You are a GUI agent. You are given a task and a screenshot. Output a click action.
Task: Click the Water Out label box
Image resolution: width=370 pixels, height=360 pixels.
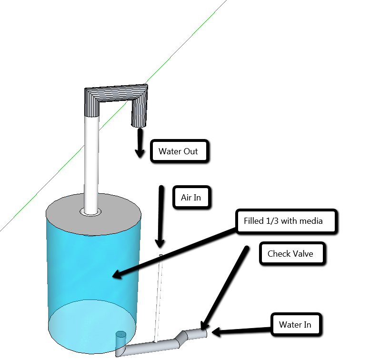[178, 152]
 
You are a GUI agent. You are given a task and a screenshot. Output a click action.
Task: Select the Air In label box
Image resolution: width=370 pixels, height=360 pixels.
[191, 197]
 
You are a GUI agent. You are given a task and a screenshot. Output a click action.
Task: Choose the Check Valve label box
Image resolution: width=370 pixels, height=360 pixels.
[290, 254]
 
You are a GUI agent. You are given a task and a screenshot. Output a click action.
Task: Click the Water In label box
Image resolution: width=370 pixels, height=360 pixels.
[295, 325]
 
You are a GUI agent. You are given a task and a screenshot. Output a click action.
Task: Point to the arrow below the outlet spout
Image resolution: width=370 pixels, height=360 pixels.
[140, 143]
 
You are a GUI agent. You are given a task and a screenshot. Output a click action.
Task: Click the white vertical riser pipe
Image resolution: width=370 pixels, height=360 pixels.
[91, 162]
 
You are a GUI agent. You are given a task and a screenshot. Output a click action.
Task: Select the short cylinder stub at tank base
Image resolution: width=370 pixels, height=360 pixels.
[121, 339]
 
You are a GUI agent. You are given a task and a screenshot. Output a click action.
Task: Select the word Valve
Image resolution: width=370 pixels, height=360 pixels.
[302, 254]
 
